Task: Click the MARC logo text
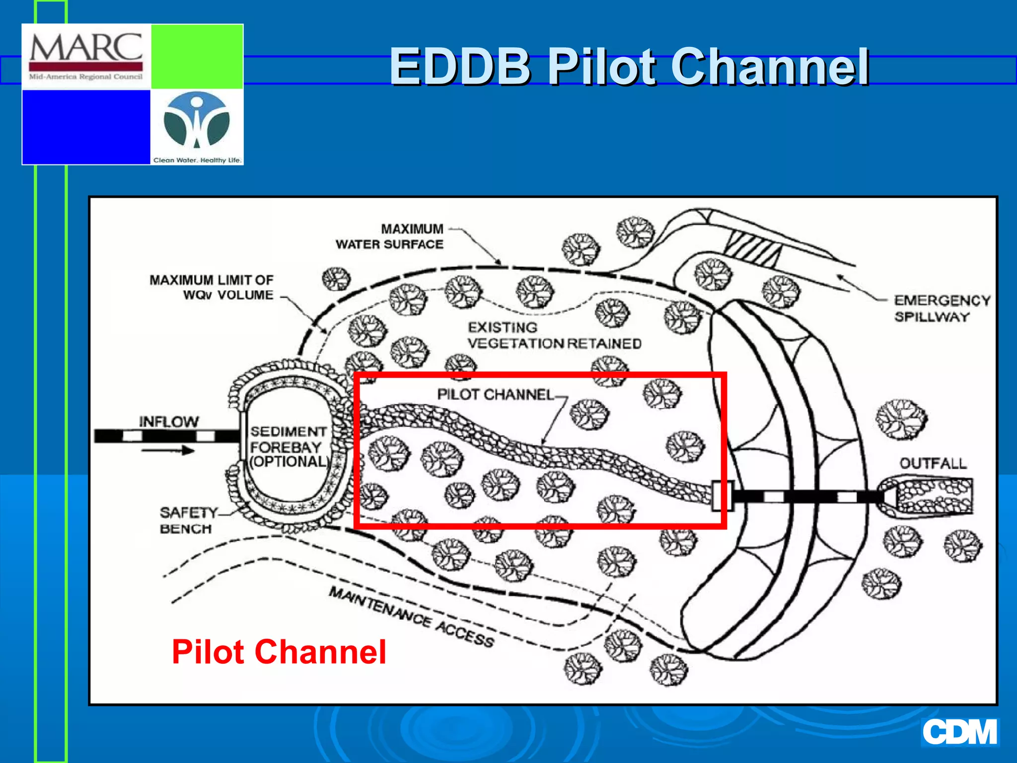point(86,48)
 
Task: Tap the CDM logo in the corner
point(959,732)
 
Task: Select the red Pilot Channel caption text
point(279,652)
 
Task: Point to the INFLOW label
point(169,422)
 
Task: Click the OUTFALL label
point(933,463)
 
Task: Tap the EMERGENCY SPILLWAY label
point(942,308)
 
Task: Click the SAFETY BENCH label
point(187,520)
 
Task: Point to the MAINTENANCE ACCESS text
point(412,616)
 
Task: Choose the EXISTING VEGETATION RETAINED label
point(554,336)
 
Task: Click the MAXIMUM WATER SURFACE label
point(390,237)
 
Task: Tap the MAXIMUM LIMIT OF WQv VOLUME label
point(212,288)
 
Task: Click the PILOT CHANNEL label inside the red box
point(495,394)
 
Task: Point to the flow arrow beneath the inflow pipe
point(168,451)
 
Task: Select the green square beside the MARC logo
point(197,57)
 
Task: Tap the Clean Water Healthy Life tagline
point(197,160)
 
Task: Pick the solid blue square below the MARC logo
point(86,127)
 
